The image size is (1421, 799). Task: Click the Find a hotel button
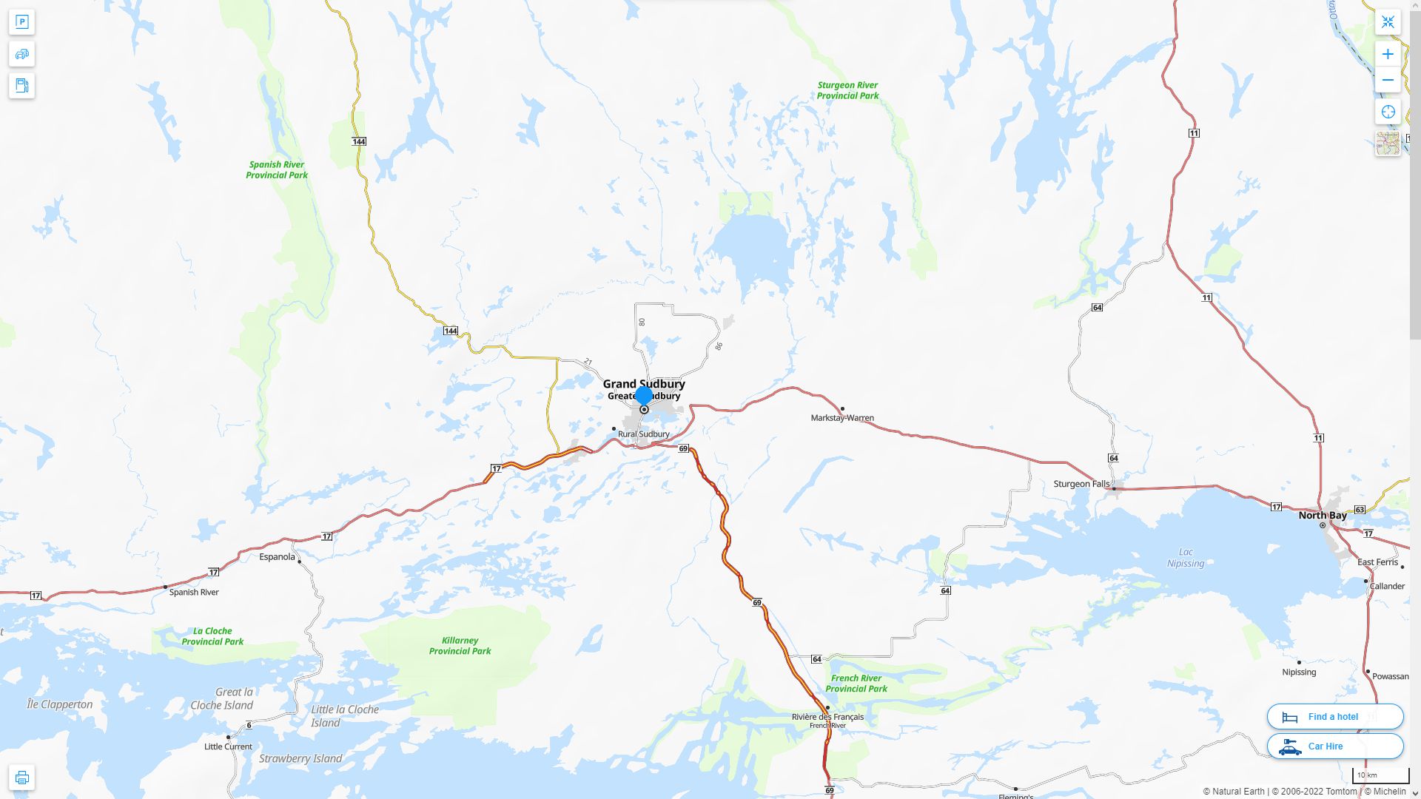pos(1334,716)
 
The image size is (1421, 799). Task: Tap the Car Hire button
pos(1334,746)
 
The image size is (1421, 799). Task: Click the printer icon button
pos(21,778)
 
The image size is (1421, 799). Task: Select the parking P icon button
pos(21,22)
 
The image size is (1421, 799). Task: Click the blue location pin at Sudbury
pos(644,395)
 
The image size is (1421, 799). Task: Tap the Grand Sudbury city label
pos(643,383)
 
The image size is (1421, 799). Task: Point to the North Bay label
pos(1322,516)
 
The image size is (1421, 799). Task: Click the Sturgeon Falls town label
pos(1081,484)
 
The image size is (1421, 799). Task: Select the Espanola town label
pos(277,557)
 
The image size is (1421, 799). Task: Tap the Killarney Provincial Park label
pos(460,646)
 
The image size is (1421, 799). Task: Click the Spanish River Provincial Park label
pos(277,170)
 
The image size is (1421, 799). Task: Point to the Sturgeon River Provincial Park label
pos(847,90)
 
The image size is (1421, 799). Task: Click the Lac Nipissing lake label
pos(1186,558)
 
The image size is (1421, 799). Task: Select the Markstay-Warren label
pos(841,418)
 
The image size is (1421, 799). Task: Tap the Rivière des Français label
pos(827,717)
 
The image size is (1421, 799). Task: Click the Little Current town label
pos(228,746)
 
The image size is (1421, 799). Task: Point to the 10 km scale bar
pos(1380,776)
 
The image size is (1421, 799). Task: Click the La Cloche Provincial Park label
pos(212,636)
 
